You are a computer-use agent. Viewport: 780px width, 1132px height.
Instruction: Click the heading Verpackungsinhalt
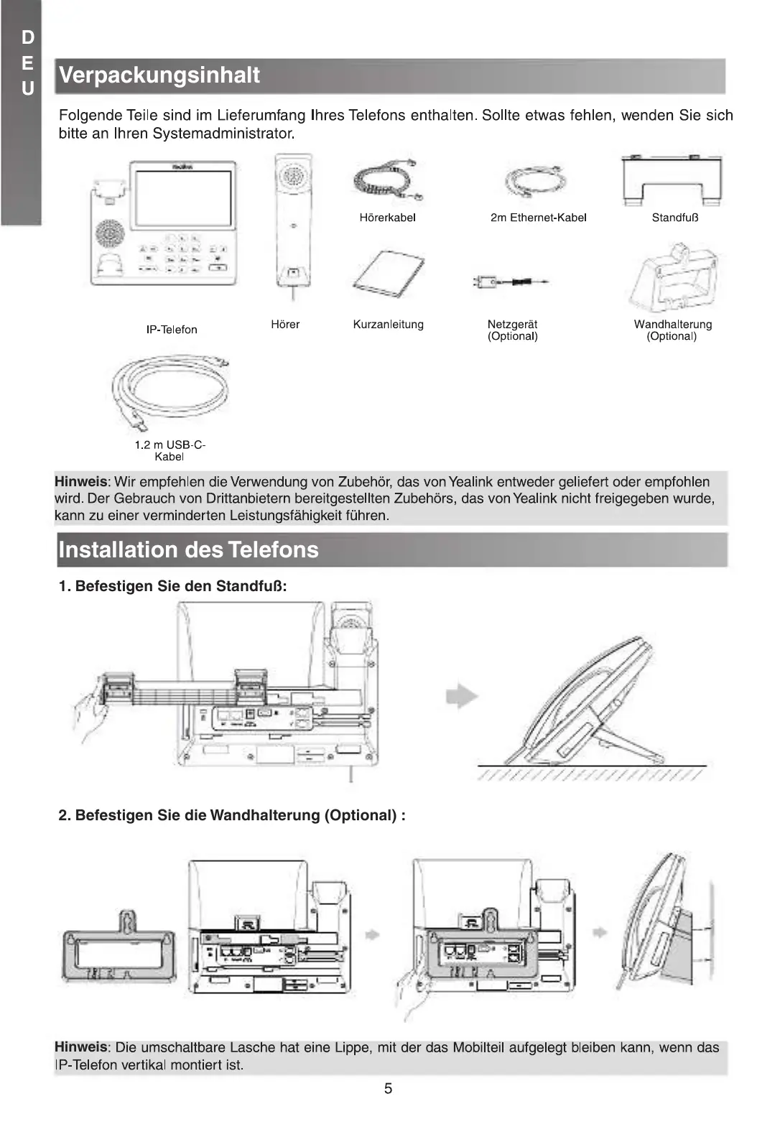tap(159, 75)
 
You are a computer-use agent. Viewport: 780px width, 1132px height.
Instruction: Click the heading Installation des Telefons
tap(188, 550)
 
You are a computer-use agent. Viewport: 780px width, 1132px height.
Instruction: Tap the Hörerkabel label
tap(387, 218)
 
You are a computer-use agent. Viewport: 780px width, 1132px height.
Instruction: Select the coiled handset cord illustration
tap(388, 180)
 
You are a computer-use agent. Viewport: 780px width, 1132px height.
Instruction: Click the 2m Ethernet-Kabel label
tap(538, 218)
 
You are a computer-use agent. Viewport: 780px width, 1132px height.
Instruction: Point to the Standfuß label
tap(674, 218)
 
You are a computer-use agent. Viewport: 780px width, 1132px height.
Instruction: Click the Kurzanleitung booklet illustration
tap(389, 274)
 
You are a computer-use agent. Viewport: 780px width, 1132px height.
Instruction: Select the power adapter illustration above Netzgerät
tap(510, 281)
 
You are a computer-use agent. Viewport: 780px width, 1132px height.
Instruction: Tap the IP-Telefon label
tap(172, 330)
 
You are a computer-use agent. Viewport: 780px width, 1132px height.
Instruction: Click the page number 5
tap(388, 1088)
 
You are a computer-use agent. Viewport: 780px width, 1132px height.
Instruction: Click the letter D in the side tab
tap(27, 37)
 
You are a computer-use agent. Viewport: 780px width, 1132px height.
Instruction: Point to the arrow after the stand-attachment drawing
tap(462, 695)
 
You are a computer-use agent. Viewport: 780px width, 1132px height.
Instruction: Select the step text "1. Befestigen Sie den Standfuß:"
tap(172, 586)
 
